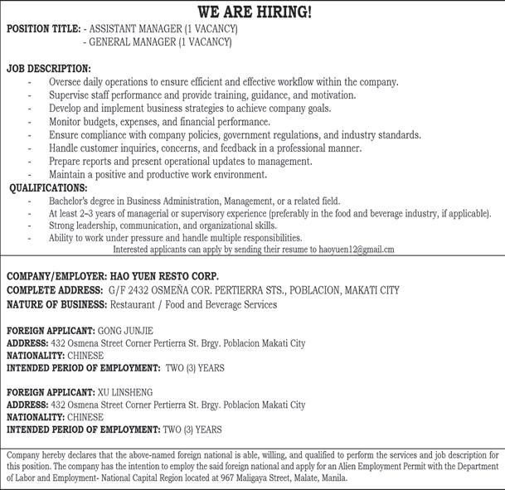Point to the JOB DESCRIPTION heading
[49, 68]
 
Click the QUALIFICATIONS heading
[48, 188]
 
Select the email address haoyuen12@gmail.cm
[357, 249]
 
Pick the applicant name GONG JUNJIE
[125, 330]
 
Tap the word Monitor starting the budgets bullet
[66, 122]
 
